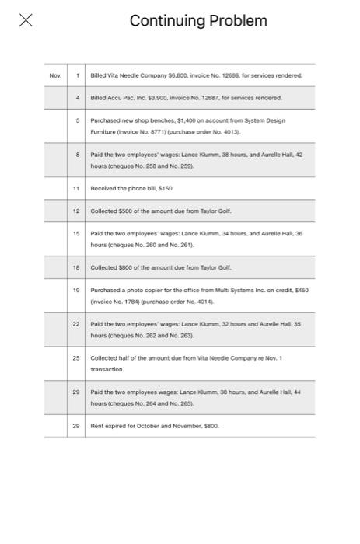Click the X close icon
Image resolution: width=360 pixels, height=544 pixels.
(26, 20)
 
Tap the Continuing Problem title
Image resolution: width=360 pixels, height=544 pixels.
(198, 21)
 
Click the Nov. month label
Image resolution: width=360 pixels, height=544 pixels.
(55, 75)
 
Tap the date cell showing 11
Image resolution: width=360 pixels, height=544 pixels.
(76, 188)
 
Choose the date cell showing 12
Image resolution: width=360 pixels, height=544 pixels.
(76, 211)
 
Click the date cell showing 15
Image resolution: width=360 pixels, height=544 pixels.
(76, 233)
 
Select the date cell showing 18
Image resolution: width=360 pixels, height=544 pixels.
(76, 267)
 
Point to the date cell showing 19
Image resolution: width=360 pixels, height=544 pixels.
(76, 290)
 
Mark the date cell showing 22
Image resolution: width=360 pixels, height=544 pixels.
(76, 324)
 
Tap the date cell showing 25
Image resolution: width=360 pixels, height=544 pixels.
(76, 358)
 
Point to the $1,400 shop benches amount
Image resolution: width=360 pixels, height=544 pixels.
(188, 121)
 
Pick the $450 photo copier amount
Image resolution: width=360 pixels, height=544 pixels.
(302, 291)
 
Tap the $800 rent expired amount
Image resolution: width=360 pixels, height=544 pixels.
(210, 427)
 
